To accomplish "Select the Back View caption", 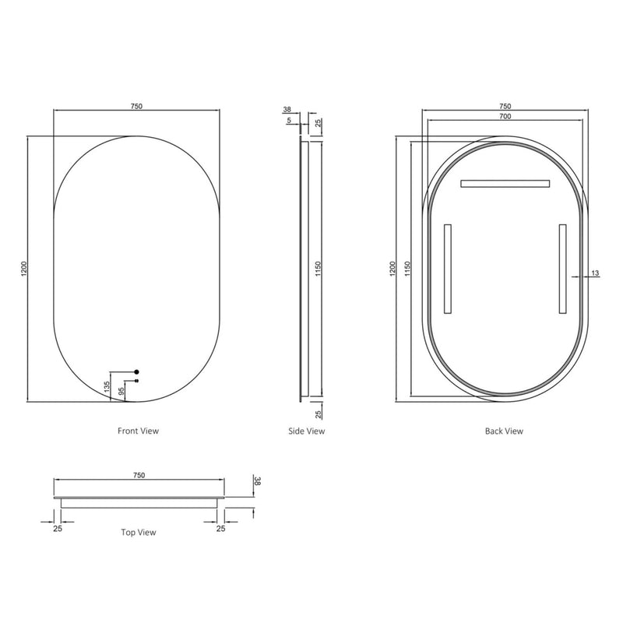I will (x=504, y=431).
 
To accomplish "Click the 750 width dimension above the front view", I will (x=136, y=106).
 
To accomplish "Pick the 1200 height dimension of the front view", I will (x=24, y=269).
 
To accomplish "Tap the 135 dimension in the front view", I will (x=107, y=386).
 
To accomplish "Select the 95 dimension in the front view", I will (x=121, y=392).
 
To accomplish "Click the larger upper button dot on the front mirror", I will (x=136, y=371).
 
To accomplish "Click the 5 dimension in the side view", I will (x=288, y=121).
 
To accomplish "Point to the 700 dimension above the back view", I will (x=504, y=116).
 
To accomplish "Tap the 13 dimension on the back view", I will (x=595, y=273).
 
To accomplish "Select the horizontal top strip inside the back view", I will (x=505, y=184).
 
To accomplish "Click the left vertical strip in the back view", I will (x=447, y=269).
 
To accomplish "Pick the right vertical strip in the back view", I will (x=561, y=269).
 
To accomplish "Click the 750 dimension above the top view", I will (x=139, y=474).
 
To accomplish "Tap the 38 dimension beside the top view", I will (x=256, y=482).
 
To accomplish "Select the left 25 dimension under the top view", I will (x=58, y=528).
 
